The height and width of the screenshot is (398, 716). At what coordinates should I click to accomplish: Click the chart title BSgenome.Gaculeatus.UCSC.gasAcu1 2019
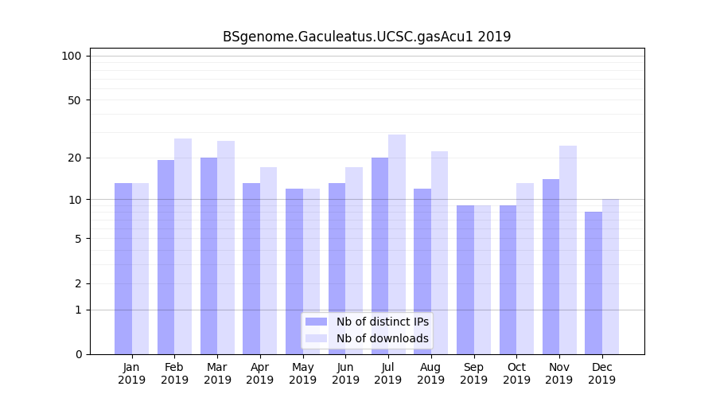pyautogui.click(x=367, y=37)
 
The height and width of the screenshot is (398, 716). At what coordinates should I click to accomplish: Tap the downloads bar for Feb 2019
pyautogui.click(x=183, y=246)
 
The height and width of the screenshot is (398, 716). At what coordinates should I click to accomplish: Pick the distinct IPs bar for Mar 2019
pyautogui.click(x=208, y=256)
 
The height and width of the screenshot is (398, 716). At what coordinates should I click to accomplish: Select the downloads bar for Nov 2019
pyautogui.click(x=568, y=250)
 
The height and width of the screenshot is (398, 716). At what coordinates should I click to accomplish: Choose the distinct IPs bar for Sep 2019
pyautogui.click(x=465, y=279)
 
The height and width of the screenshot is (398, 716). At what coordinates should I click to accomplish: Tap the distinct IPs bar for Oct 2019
pyautogui.click(x=508, y=279)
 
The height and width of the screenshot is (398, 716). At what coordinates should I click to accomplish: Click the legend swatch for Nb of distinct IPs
pyautogui.click(x=317, y=322)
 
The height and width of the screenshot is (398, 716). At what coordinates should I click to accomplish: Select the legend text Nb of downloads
pyautogui.click(x=383, y=338)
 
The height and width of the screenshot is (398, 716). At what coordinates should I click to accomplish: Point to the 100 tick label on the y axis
pyautogui.click(x=72, y=56)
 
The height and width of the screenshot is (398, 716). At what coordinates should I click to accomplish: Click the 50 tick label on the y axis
pyautogui.click(x=74, y=100)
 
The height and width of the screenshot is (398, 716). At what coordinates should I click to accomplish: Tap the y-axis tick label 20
pyautogui.click(x=74, y=158)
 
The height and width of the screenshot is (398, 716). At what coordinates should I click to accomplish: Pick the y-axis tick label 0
pyautogui.click(x=77, y=354)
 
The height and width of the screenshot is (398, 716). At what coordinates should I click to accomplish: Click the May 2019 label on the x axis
pyautogui.click(x=303, y=373)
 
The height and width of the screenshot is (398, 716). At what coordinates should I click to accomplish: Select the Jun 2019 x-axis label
pyautogui.click(x=345, y=373)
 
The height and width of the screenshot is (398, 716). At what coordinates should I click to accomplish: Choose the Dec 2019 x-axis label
pyautogui.click(x=602, y=373)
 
